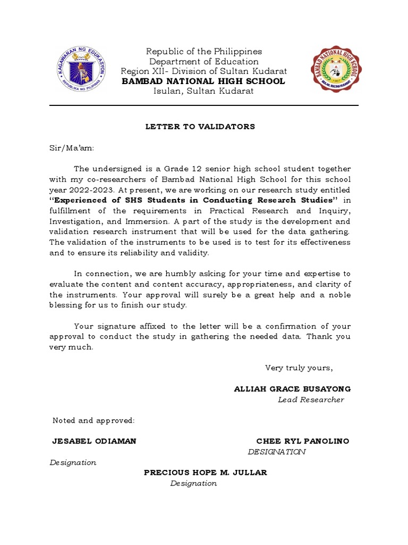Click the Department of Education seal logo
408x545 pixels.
click(x=81, y=70)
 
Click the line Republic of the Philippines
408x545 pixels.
click(x=204, y=52)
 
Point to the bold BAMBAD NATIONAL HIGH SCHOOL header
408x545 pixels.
click(x=204, y=81)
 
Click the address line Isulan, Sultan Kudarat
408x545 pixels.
click(x=204, y=91)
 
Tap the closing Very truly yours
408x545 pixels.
click(x=299, y=368)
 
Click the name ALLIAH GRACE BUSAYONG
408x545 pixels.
click(x=292, y=389)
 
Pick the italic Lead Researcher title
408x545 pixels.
click(x=311, y=400)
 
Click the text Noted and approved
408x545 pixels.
click(x=93, y=420)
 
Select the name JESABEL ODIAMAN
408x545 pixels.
click(x=94, y=441)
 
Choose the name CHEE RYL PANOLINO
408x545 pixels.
click(x=303, y=441)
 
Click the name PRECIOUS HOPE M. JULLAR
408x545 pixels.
click(x=206, y=473)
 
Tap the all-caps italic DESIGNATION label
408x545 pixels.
click(x=277, y=452)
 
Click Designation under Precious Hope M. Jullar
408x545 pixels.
click(x=193, y=483)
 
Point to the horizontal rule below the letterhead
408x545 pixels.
click(x=204, y=105)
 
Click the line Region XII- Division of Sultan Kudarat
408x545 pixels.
click(x=204, y=71)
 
